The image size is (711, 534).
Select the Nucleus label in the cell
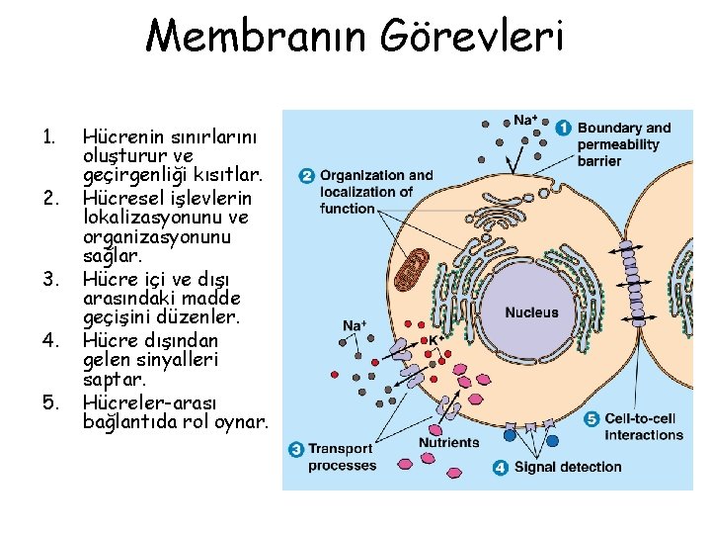tap(531, 312)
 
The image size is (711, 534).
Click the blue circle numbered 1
tap(563, 128)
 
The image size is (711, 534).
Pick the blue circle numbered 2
tap(306, 176)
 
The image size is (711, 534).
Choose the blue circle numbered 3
tap(295, 450)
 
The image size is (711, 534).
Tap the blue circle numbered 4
tap(501, 467)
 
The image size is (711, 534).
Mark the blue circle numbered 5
tap(592, 418)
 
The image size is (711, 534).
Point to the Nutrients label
tap(448, 442)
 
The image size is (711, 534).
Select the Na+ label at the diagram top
tap(525, 121)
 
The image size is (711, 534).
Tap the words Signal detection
tap(568, 467)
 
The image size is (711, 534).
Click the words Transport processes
tap(342, 457)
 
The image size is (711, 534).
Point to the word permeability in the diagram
tap(618, 144)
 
